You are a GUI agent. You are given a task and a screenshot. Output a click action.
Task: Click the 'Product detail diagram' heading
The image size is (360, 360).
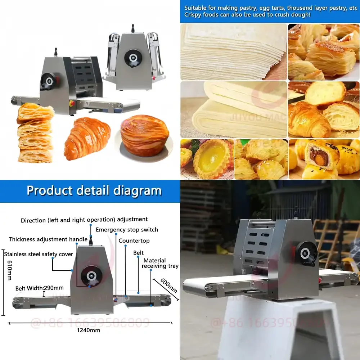94,190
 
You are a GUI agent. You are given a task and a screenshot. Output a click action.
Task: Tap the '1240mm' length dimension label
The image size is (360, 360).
88,330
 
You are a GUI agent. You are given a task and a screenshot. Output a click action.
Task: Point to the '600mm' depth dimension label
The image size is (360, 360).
168,285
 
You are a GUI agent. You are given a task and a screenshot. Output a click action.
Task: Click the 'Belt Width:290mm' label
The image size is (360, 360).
40,288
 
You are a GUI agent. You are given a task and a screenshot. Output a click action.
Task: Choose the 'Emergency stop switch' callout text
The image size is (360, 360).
127,230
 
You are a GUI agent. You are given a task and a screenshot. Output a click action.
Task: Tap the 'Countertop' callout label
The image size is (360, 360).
134,240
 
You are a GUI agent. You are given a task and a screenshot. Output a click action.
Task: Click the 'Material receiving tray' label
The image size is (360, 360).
160,263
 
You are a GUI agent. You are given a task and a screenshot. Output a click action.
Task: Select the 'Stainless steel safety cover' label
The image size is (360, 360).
39,254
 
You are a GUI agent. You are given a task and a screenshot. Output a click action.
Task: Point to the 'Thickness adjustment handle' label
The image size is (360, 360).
48,239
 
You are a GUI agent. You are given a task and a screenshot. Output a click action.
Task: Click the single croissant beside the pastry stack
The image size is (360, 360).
87,138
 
